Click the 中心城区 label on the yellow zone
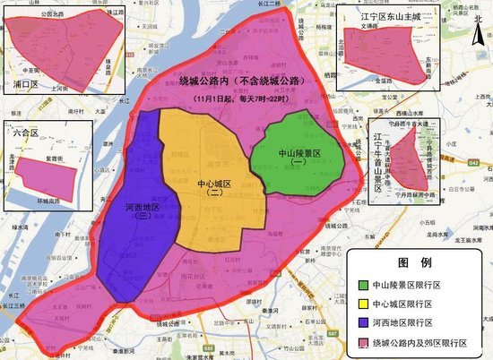coord(214,183)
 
